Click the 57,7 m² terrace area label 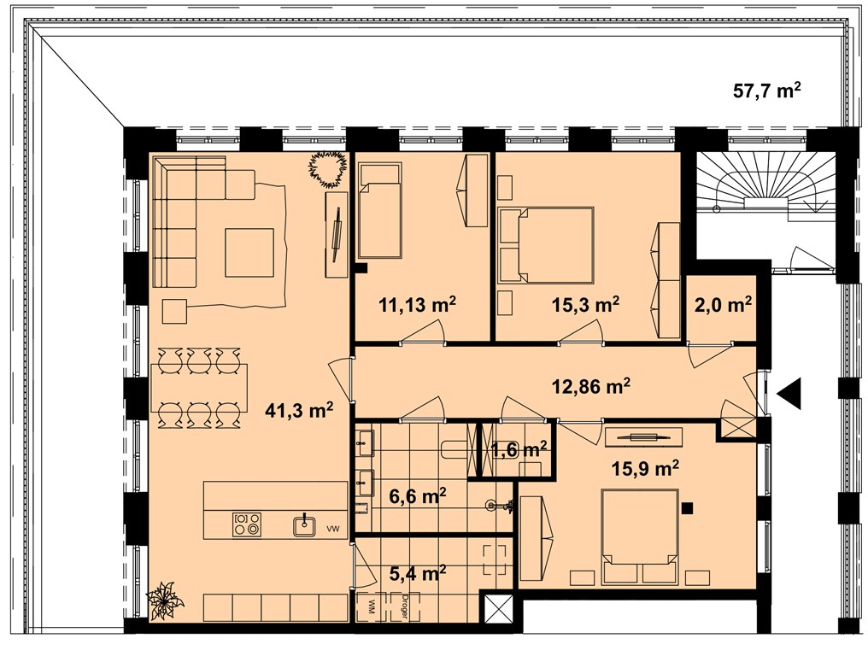click(767, 90)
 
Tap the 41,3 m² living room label click(299, 410)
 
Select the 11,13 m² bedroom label click(418, 304)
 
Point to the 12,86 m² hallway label click(591, 386)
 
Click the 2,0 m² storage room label click(723, 304)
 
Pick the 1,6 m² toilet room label click(519, 449)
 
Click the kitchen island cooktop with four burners click(247, 524)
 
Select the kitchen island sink click(305, 524)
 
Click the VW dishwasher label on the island click(332, 530)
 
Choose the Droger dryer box click(405, 606)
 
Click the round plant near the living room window click(328, 169)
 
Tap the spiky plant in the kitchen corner click(164, 600)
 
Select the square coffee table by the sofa click(249, 253)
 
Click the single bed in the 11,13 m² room click(379, 210)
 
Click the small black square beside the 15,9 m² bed click(688, 507)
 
